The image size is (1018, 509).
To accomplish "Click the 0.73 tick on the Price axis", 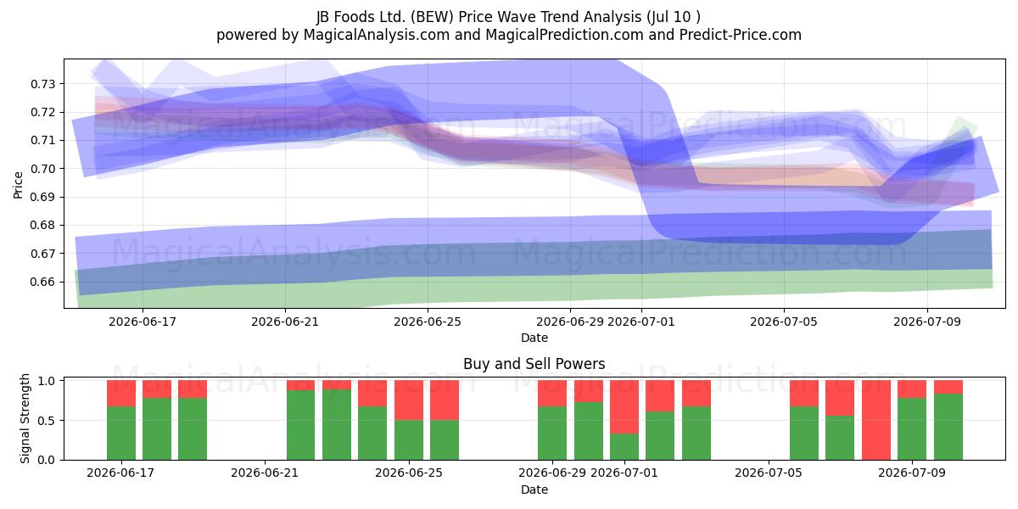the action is coord(42,84).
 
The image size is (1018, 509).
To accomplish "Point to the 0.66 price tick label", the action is coord(42,282).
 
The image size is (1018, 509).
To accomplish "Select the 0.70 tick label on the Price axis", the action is coord(42,169).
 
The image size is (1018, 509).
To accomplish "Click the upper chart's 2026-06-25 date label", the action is coord(428,322).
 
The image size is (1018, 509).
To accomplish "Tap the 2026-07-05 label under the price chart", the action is coord(784,322).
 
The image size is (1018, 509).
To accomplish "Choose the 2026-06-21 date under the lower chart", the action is coord(265,473).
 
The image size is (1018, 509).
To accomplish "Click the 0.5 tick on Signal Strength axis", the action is coord(46,421).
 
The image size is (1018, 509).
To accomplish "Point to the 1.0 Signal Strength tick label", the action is coord(46,381).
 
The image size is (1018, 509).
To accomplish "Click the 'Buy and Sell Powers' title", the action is coord(534,364).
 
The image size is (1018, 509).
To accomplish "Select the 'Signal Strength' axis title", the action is coord(25,418).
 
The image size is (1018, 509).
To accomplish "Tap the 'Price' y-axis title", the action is coord(18,185).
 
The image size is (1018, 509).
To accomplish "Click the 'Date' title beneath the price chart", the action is coord(534,338).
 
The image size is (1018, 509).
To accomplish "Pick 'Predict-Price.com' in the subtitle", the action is coord(741,35).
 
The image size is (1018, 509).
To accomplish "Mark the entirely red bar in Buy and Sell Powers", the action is coord(875,420).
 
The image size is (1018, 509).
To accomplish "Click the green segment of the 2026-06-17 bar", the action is coord(121,433).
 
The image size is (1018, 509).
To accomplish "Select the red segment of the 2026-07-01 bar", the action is coord(624,406).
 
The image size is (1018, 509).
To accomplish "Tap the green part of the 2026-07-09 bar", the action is coord(912,429).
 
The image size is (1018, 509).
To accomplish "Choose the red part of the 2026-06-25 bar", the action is coord(409,400).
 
